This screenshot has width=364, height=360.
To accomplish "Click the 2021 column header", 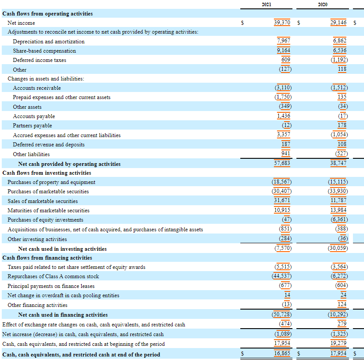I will (x=266, y=4).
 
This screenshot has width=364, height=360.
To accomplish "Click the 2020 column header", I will (x=322, y=4).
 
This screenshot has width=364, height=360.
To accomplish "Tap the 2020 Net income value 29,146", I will (x=339, y=22).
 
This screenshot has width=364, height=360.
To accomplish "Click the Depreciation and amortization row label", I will (x=49, y=42).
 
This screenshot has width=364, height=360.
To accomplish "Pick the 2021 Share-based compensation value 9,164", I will (x=284, y=50).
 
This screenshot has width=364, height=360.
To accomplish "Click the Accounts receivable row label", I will (x=37, y=88).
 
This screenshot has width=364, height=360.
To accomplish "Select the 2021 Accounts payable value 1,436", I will (x=284, y=116).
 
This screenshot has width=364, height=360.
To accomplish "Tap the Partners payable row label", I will (x=32, y=126).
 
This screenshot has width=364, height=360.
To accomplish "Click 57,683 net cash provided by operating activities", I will (x=282, y=163).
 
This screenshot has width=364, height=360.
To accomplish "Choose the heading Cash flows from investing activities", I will (x=47, y=173).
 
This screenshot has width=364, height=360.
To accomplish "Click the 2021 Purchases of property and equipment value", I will (x=281, y=182).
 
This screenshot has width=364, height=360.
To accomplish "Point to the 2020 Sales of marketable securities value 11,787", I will (x=339, y=201).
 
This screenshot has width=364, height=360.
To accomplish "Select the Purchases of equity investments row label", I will (x=45, y=220).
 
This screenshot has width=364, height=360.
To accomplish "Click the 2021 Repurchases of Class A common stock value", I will (x=281, y=276).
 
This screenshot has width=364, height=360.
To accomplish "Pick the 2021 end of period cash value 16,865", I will (x=282, y=354).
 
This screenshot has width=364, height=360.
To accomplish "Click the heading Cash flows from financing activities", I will (x=47, y=258).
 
